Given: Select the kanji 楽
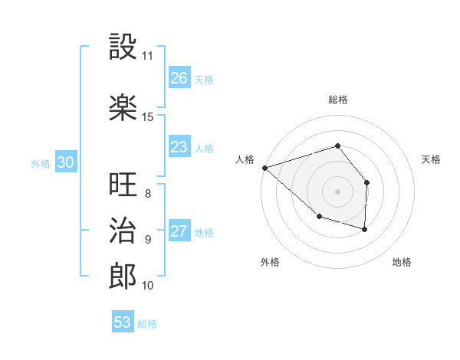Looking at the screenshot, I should (123, 107).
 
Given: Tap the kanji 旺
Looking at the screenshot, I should (123, 185).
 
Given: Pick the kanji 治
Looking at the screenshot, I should (123, 231).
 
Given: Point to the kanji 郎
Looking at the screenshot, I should (123, 277).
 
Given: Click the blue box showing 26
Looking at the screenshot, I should (179, 77).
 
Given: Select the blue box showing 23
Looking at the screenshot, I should (179, 146).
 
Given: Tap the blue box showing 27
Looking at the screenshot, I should (179, 231).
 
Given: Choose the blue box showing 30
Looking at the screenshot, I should (65, 162).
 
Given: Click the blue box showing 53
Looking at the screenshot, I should (123, 322).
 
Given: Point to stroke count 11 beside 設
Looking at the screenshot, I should (147, 56).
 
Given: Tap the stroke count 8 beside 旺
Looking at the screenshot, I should (147, 194).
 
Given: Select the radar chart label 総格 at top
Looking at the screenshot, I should (337, 100).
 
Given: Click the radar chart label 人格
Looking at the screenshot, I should (245, 159).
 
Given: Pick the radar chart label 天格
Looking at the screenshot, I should (431, 159).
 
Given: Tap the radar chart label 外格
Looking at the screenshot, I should (270, 262).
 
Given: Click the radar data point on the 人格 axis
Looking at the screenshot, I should (264, 168).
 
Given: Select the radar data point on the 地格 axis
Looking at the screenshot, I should (365, 229).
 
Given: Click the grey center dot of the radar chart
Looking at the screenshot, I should (337, 191).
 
